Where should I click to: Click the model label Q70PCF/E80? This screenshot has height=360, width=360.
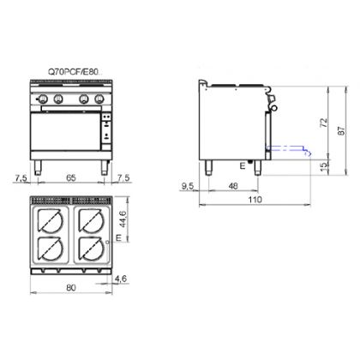click(x=73, y=73)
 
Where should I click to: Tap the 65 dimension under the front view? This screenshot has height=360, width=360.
click(x=71, y=177)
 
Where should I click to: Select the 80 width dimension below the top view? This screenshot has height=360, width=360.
click(x=71, y=287)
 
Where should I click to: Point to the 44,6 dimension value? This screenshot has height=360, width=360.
click(x=123, y=219)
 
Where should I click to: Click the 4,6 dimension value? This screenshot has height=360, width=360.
click(x=120, y=279)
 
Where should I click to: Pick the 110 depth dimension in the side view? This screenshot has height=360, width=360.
click(x=255, y=200)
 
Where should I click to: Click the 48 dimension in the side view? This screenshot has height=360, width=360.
click(x=233, y=186)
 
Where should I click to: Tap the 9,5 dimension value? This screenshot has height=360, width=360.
click(x=188, y=186)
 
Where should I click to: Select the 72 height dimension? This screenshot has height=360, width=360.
click(x=324, y=123)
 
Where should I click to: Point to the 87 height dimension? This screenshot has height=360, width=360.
click(x=342, y=130)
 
